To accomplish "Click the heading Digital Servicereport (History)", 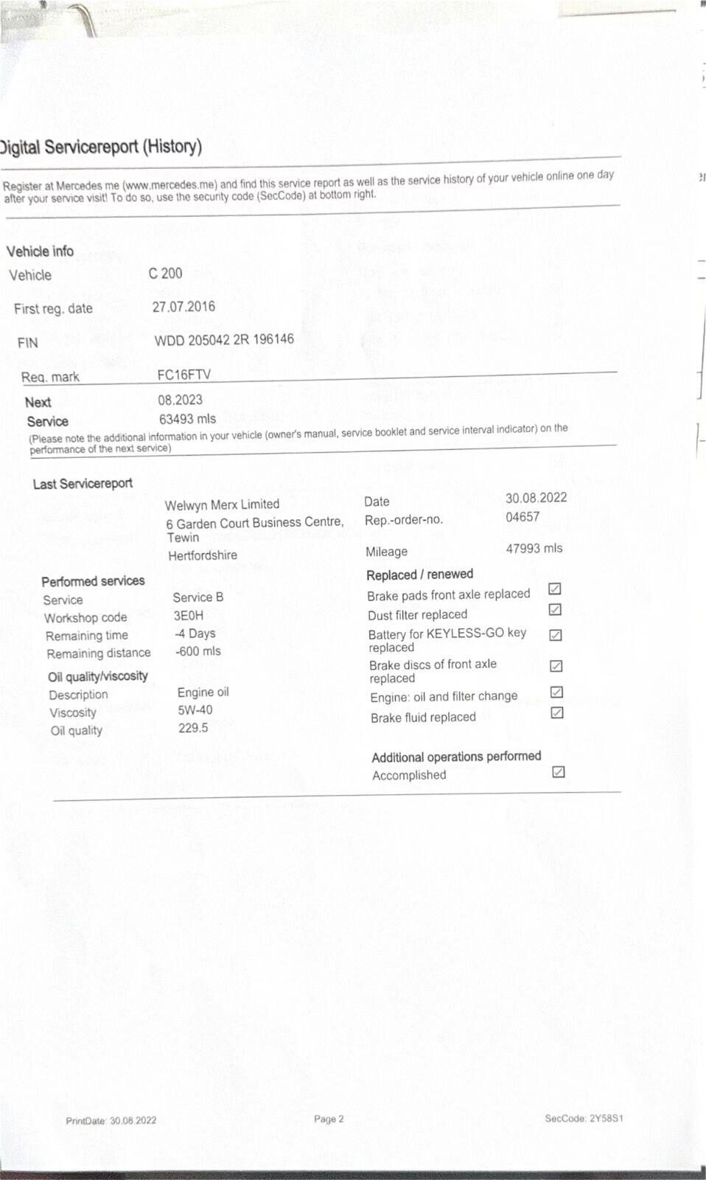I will (101, 146).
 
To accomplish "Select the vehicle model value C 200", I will (165, 274).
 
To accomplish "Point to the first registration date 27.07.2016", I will (184, 307).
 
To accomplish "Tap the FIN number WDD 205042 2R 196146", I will (223, 339).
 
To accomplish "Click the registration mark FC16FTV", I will (184, 375).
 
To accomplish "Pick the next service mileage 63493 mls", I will (187, 419).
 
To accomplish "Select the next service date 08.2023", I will (180, 400).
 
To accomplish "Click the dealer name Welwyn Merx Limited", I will (222, 504).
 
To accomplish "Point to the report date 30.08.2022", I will (536, 498).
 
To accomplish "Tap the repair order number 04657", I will (522, 517).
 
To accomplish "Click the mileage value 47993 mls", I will (534, 549).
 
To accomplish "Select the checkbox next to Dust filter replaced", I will (556, 610).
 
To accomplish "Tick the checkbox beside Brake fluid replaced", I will (557, 712).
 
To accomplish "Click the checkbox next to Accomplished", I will (559, 772).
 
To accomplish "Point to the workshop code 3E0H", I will (189, 615).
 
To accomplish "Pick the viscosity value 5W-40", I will (195, 710).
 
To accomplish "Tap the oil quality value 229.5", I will (193, 728).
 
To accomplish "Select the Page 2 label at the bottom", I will (329, 1119).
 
